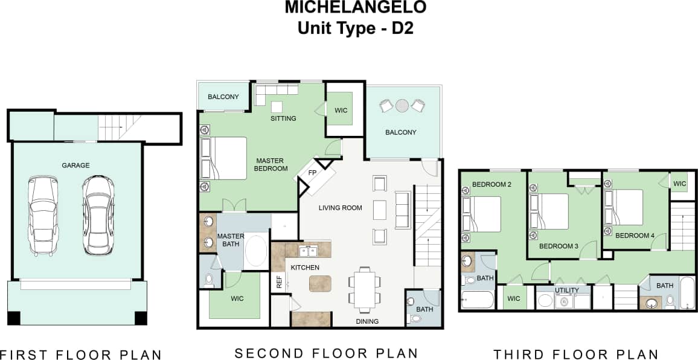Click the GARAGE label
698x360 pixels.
75,165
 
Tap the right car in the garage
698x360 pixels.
98,214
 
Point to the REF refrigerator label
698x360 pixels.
279,281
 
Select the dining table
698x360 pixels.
364,289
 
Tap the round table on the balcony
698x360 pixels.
402,106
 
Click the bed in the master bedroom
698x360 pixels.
224,158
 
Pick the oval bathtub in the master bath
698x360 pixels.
256,252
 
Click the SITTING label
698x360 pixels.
283,118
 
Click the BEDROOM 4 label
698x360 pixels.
635,236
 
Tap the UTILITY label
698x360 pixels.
567,291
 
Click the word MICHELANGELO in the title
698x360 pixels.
356,8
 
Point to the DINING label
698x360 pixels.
367,321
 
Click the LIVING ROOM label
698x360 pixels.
341,208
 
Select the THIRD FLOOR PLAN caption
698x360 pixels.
576,355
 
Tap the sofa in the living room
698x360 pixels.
402,209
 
